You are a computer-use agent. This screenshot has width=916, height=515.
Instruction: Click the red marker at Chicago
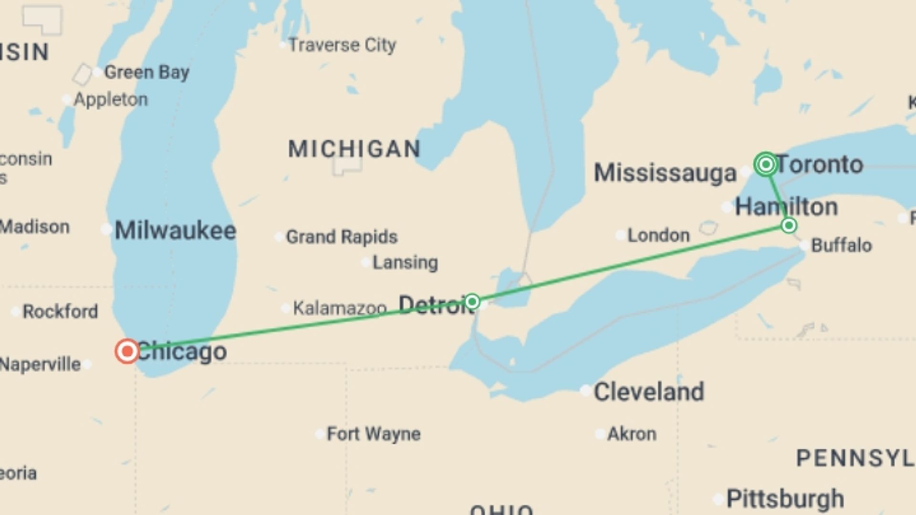127,351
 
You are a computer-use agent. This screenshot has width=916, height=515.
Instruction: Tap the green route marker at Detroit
472,301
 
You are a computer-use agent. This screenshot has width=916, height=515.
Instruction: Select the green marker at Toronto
766,165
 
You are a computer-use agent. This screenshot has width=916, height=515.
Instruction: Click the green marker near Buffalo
789,225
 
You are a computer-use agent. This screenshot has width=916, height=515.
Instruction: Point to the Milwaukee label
175,231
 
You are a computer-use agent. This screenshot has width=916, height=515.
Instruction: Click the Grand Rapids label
341,237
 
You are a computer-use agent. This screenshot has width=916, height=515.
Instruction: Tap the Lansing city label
405,263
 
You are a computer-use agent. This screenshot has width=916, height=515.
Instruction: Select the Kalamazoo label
339,308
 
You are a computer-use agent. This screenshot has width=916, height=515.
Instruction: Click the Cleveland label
648,392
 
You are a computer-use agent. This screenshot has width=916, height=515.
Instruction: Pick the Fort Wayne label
373,434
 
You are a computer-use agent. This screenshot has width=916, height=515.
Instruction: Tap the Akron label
631,434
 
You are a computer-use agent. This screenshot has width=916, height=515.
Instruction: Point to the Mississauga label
665,173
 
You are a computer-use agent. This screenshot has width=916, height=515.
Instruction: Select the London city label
658,235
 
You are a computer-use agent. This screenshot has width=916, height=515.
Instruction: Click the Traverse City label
342,45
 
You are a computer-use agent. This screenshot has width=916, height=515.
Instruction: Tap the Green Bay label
146,72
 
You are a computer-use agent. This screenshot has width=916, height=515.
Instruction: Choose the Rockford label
60,312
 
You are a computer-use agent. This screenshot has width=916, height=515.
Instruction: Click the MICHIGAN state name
354,149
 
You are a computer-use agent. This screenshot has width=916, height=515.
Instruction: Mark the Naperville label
41,364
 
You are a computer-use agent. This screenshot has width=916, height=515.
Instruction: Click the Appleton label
110,100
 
